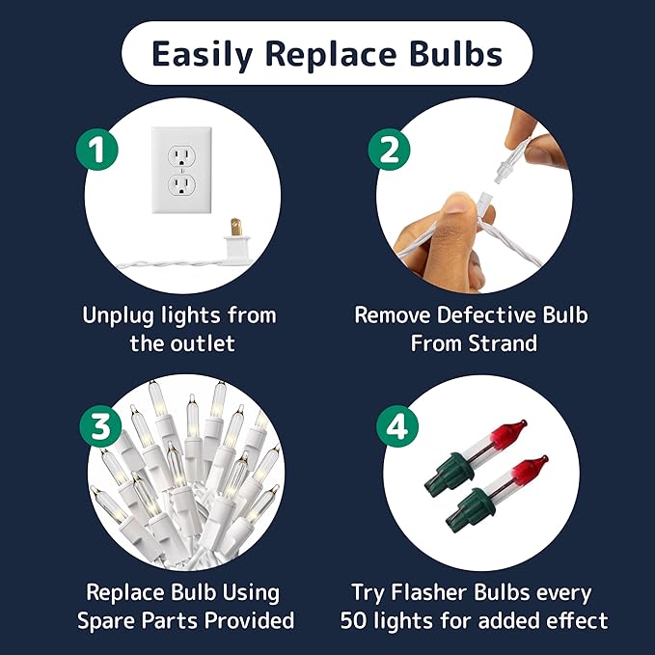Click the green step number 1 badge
point(96,150)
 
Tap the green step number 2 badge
point(389,150)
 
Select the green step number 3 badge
point(100,426)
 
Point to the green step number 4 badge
point(397,426)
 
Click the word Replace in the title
point(331,54)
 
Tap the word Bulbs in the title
point(455,54)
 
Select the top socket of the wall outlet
point(181,156)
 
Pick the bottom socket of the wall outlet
point(181,184)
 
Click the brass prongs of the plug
point(236,228)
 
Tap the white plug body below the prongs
point(237,250)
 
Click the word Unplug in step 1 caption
point(119,316)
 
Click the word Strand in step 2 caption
point(503,343)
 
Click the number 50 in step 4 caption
point(353,620)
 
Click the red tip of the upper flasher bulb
point(508,431)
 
